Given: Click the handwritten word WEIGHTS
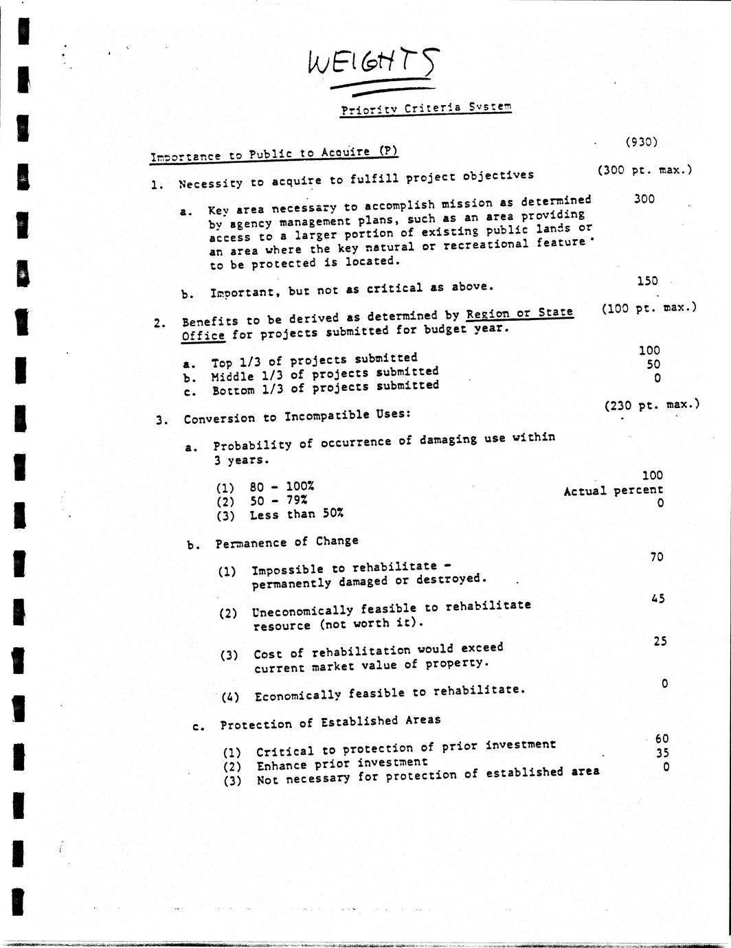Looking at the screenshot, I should (371, 64).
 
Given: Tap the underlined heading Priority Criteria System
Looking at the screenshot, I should (426, 109).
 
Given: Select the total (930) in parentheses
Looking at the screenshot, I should (641, 142).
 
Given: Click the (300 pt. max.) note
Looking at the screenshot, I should (644, 170).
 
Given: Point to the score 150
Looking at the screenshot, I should (647, 281).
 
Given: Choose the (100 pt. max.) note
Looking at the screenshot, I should (649, 308).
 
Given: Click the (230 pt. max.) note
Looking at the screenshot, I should (651, 405).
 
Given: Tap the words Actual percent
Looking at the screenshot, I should (613, 490).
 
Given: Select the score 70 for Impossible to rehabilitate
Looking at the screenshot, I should (656, 556).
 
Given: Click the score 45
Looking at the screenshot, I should (657, 598).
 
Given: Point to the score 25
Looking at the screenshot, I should (660, 641).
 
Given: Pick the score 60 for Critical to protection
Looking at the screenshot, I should (662, 738).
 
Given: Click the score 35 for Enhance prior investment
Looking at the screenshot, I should (662, 752).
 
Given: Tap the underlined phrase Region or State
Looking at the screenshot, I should (519, 313).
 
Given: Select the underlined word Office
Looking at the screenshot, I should (203, 336).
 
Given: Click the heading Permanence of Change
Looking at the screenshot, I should (286, 542).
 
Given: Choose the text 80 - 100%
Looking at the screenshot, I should (282, 487).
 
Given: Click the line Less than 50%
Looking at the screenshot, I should (296, 514).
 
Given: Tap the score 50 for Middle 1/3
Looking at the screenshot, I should (653, 364).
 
